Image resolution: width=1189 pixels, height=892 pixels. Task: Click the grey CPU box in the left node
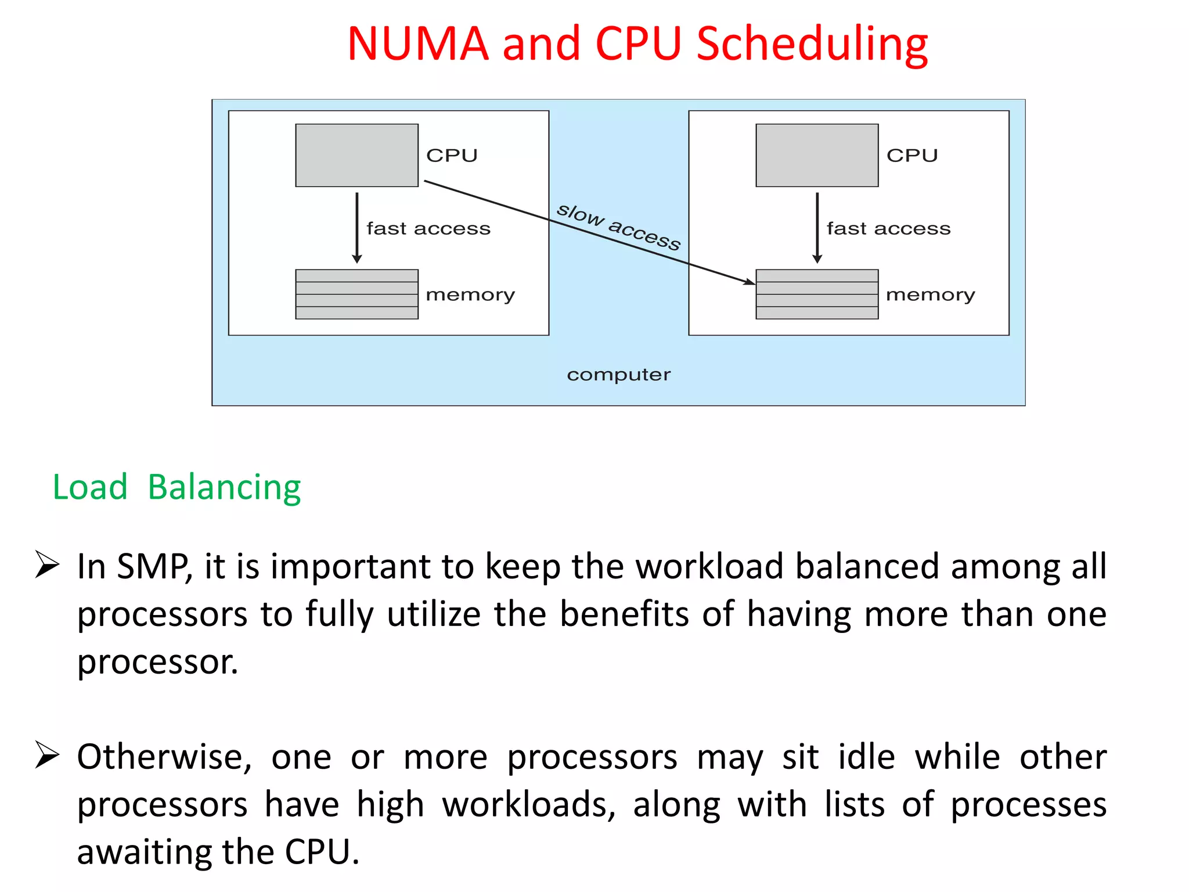356,155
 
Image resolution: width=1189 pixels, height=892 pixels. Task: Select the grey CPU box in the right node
817,155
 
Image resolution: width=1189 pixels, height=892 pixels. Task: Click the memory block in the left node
356,294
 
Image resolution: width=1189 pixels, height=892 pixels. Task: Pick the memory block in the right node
817,294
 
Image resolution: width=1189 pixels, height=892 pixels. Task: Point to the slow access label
618,226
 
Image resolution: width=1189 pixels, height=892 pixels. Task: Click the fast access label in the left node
428,229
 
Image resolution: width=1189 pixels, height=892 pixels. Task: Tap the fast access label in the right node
889,229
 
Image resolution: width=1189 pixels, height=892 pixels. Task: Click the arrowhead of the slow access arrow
750,282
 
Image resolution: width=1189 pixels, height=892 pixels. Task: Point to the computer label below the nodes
618,375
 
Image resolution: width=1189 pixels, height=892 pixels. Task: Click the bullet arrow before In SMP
46,564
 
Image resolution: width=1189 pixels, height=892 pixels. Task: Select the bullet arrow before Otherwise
46,754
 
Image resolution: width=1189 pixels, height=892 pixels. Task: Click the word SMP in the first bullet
153,566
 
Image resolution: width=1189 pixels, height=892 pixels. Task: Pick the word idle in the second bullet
866,757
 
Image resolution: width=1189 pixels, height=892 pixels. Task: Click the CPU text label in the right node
912,156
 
